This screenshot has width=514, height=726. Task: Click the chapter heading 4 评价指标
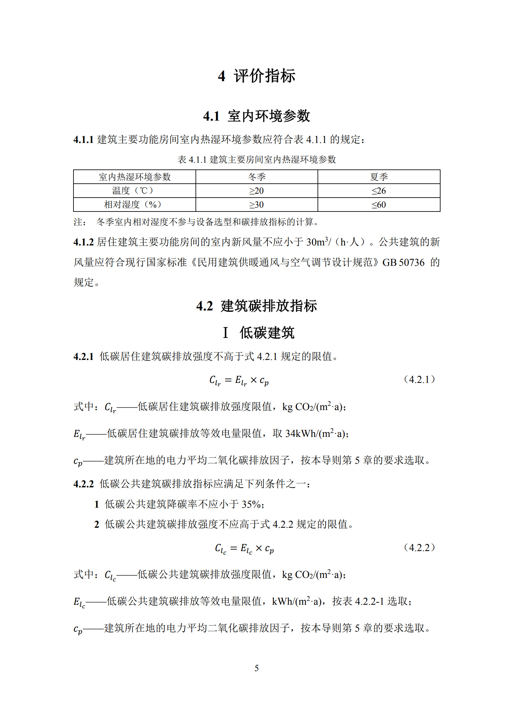256,76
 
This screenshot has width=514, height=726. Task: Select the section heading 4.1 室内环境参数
256,116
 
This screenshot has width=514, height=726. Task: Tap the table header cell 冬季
257,177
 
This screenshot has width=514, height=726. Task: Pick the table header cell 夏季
379,177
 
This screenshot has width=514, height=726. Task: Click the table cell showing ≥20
257,191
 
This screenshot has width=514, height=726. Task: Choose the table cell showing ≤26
379,191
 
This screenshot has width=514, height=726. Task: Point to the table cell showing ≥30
257,205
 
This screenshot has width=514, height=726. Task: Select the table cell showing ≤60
379,205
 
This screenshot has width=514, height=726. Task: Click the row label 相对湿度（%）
134,205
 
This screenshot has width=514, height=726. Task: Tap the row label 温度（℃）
134,191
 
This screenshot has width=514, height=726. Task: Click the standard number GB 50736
403,262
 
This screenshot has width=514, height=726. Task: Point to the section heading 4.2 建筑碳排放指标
256,306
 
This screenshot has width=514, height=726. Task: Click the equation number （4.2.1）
419,379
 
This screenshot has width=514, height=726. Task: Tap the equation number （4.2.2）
419,547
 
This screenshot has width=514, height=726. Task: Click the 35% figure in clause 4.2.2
251,504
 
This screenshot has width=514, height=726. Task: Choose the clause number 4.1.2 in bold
84,242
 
